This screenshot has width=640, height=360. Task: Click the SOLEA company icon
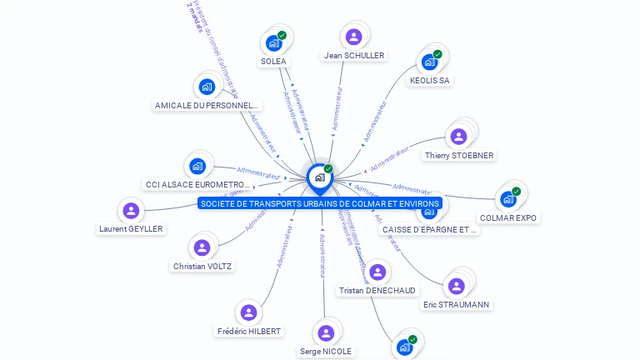273,42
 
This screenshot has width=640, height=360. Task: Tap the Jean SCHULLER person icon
353,37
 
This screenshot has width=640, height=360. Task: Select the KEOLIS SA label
430,81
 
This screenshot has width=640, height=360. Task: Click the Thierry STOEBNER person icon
458,137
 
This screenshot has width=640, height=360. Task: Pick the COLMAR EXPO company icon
508,199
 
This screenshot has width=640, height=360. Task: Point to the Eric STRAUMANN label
456,305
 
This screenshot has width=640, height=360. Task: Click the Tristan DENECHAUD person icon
377,272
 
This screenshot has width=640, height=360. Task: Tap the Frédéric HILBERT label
248,331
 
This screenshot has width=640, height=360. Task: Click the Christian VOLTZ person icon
202,247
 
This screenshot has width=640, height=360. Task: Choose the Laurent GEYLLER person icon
130,210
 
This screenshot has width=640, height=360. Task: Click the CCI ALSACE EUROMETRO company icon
197,166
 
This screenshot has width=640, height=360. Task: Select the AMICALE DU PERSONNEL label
207,106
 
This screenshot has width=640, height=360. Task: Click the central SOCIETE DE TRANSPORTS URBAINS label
320,203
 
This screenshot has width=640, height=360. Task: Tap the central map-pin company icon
319,177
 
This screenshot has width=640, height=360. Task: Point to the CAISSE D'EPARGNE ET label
429,229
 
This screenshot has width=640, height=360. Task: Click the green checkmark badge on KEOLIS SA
437,54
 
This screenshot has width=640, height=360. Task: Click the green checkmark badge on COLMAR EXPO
516,192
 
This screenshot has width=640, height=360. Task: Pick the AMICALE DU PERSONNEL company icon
207,87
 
